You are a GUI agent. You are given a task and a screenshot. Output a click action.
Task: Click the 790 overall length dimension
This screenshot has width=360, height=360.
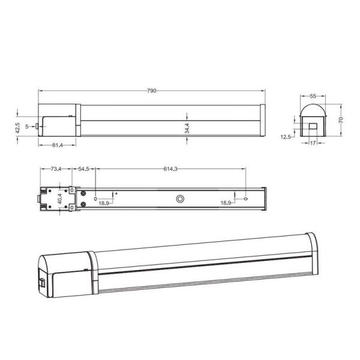(152, 91)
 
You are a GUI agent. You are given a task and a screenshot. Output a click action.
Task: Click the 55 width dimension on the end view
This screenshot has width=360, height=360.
(313, 96)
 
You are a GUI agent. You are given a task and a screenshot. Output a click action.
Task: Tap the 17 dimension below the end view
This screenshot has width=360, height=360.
(313, 143)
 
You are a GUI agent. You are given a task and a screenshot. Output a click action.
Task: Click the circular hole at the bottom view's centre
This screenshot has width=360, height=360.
(179, 198)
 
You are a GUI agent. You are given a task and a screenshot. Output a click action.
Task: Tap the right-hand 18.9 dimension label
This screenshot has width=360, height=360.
(226, 203)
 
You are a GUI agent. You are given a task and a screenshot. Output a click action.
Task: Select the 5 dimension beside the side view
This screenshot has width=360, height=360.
(28, 127)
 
